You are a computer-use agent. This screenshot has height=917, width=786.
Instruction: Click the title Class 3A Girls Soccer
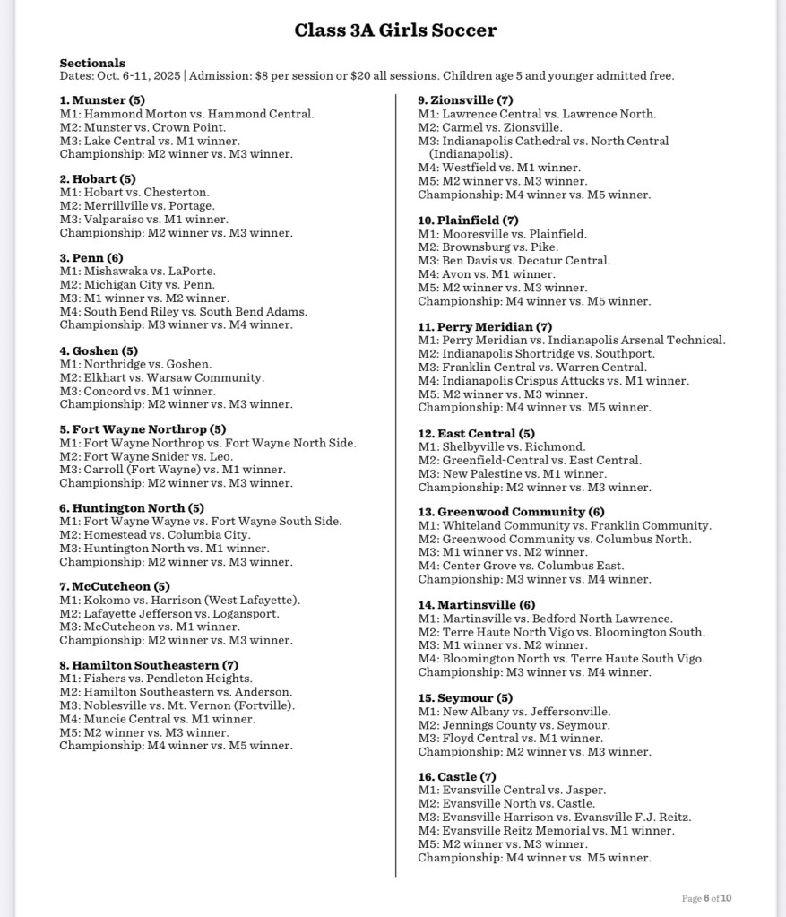point(395,30)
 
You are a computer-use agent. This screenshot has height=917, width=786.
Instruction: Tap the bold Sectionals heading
point(92,63)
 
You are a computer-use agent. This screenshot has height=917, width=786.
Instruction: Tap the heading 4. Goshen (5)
point(99,350)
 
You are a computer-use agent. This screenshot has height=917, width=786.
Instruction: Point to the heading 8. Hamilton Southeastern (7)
point(149,665)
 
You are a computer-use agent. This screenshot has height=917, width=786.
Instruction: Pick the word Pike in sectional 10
point(546,247)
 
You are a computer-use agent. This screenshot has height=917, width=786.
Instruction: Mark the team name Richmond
point(557,446)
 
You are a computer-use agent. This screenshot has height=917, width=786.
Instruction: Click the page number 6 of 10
point(707,898)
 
